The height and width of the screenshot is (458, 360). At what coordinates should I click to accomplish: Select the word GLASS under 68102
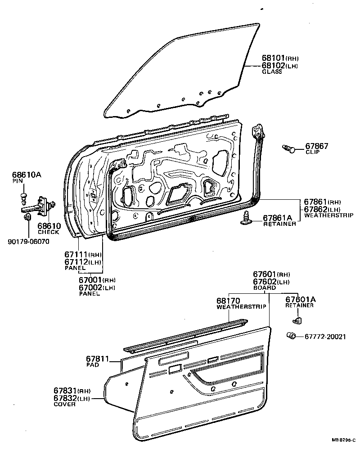coord(272,72)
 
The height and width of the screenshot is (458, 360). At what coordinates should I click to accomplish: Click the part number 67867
coord(317,146)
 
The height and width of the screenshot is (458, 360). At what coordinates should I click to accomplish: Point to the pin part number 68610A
coord(27,175)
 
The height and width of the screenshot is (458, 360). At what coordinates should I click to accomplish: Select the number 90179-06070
coord(28,242)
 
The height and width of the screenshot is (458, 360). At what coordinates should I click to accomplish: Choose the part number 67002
coord(90,287)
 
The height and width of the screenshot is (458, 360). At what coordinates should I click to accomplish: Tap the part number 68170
coord(228,301)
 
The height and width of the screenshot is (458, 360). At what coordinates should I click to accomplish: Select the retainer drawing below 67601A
coord(296,320)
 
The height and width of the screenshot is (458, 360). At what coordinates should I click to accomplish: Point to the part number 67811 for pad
coord(98,359)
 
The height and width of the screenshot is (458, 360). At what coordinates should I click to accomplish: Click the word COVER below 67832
coord(66,404)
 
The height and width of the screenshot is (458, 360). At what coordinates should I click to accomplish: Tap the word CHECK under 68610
coord(48,232)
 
